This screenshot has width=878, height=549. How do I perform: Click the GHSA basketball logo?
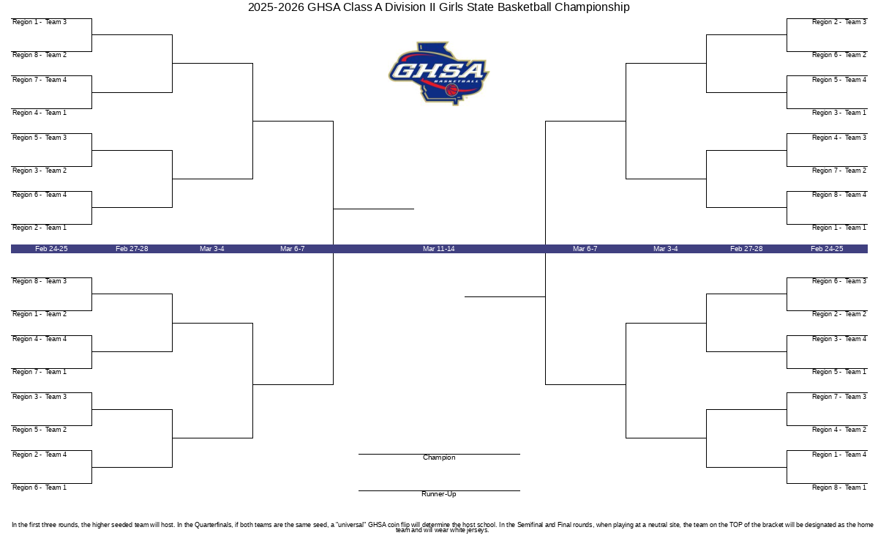tap(438, 73)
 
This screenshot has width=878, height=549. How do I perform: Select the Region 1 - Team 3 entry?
tap(40, 22)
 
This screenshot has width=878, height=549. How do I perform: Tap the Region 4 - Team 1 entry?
tap(40, 113)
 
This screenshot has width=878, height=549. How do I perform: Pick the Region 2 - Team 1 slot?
tap(40, 228)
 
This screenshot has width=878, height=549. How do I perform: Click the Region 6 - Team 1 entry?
tap(40, 488)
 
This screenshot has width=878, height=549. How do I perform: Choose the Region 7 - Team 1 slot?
tap(40, 372)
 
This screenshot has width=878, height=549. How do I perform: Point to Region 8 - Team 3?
tap(40, 281)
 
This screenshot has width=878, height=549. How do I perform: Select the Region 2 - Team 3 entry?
tap(838, 22)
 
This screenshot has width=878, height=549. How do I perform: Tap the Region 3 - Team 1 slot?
tap(838, 113)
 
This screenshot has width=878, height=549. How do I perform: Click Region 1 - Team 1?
tap(838, 228)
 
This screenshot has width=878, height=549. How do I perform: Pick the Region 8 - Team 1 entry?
tap(838, 488)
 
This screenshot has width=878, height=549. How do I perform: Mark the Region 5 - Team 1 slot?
tap(838, 372)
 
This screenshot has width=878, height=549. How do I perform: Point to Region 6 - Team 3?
tap(838, 281)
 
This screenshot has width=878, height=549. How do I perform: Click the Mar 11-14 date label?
tap(438, 249)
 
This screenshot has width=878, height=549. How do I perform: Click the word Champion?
tap(439, 457)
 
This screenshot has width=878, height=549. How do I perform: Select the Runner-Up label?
tap(439, 494)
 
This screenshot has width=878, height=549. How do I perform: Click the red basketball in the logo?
tap(451, 90)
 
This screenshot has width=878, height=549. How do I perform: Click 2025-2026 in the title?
tap(276, 7)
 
